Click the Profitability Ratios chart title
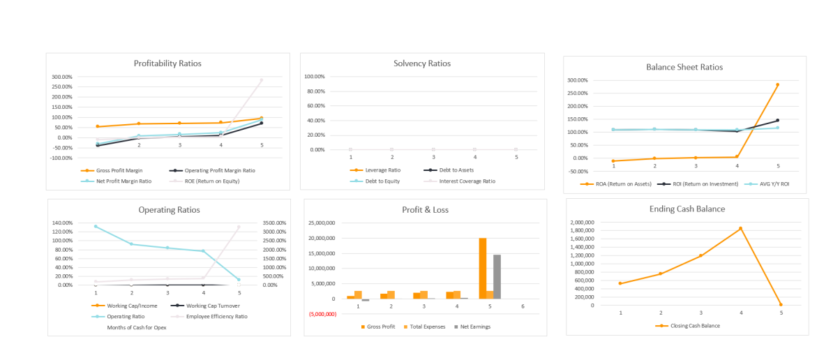pos(167,63)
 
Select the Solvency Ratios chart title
pos(422,63)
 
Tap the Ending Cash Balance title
pos(687,209)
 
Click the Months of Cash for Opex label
pos(135,327)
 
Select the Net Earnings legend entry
pos(475,327)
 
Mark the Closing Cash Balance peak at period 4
pos(741,228)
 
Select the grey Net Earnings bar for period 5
pos(497,276)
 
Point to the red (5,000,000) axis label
pos(322,314)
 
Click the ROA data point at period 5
pos(777,85)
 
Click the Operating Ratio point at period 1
pos(96,226)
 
